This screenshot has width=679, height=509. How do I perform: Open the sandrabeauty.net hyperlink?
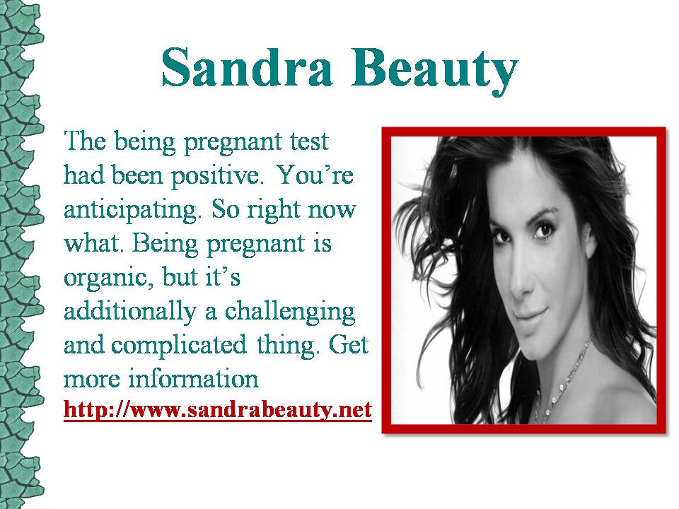click(218, 409)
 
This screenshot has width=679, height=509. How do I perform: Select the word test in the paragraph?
click(309, 141)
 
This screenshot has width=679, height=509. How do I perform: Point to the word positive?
click(218, 177)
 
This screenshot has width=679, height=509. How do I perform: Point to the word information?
click(193, 378)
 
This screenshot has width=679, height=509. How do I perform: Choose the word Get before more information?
click(348, 344)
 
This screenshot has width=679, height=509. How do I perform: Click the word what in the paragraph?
click(91, 243)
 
